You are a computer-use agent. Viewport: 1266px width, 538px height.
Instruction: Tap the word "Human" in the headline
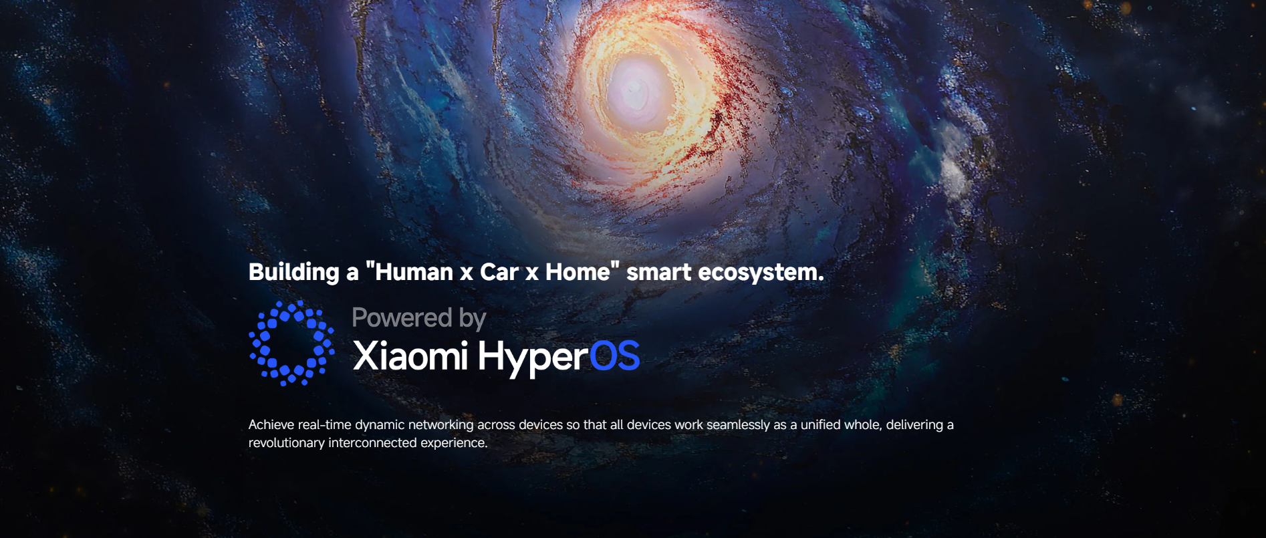pos(414,272)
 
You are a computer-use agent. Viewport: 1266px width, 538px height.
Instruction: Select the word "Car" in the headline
pos(499,272)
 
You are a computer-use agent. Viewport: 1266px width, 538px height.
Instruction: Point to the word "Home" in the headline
pos(578,272)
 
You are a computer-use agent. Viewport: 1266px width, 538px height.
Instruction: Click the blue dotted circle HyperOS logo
pos(291,343)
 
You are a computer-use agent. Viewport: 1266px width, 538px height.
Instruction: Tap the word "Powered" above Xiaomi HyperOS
pos(402,317)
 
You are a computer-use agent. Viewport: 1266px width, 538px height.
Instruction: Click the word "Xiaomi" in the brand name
pos(410,356)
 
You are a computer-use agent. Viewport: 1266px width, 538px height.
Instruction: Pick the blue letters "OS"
pos(614,356)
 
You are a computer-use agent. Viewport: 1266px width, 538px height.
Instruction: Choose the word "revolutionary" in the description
pos(287,443)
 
